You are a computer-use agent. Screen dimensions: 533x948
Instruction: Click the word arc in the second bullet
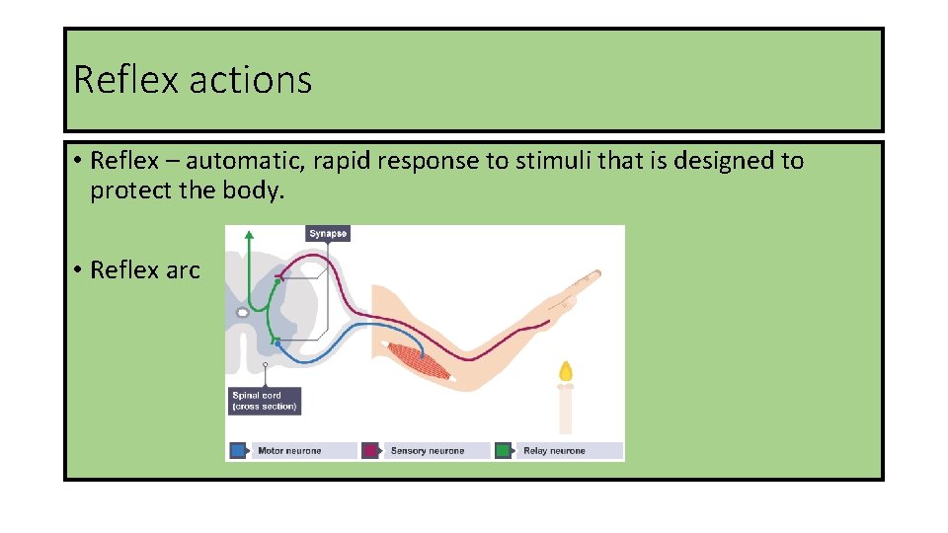(x=183, y=269)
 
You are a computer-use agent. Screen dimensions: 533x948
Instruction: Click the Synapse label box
(x=328, y=234)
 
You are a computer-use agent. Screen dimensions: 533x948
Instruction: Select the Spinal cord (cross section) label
(x=264, y=401)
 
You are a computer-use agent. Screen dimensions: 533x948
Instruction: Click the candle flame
(x=565, y=372)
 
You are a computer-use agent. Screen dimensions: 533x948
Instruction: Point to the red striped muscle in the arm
(x=419, y=360)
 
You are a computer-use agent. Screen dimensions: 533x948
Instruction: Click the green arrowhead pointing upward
(x=249, y=236)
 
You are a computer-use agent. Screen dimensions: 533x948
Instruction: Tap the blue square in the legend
(x=237, y=450)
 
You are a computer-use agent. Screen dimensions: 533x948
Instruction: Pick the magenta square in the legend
(x=370, y=450)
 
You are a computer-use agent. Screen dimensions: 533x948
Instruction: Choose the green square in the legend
(x=504, y=450)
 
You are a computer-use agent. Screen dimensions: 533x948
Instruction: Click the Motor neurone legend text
(x=289, y=451)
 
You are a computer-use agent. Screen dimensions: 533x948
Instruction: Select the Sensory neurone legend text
(x=427, y=451)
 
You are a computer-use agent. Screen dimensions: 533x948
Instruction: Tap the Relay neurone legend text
(x=554, y=451)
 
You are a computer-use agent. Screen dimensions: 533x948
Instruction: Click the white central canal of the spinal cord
(x=242, y=313)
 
